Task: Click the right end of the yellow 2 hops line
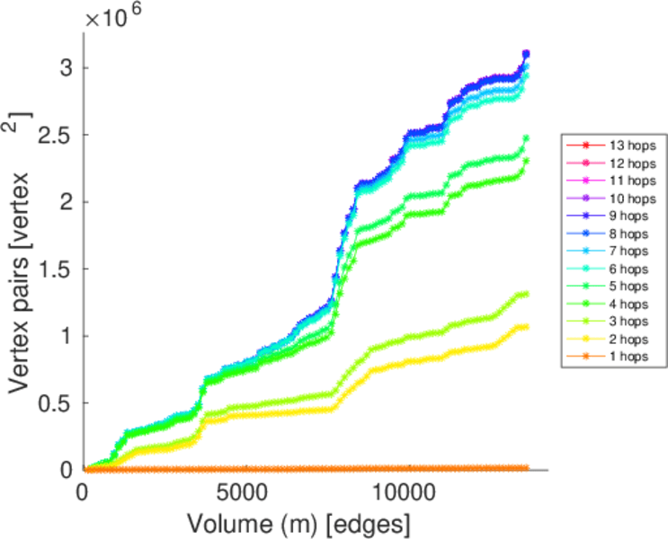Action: (x=526, y=326)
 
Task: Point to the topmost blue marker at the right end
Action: (x=526, y=54)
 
